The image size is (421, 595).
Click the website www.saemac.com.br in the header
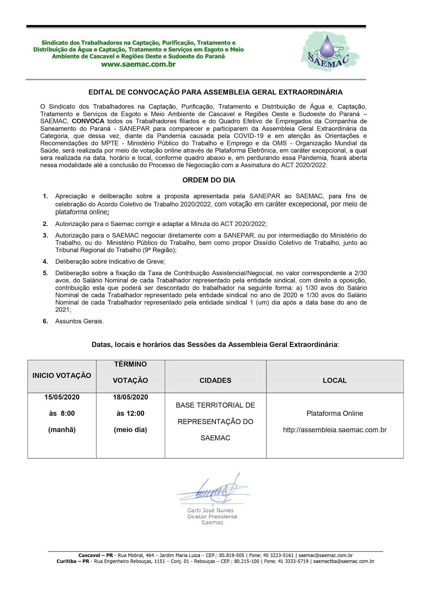click(138, 64)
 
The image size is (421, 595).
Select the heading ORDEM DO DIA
click(208, 180)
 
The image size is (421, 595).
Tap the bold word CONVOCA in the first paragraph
click(88, 121)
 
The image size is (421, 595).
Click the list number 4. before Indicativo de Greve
click(45, 261)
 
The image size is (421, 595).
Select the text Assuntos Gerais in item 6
click(79, 321)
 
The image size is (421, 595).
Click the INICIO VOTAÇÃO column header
click(62, 375)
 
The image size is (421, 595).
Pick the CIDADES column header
click(215, 380)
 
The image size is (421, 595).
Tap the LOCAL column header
click(334, 380)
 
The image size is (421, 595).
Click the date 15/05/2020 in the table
click(62, 397)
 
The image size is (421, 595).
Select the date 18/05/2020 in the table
click(130, 397)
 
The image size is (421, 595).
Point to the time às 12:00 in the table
click(130, 413)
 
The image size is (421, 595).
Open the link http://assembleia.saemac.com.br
click(334, 430)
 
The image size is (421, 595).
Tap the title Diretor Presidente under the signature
click(212, 516)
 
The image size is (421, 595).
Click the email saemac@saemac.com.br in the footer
click(325, 555)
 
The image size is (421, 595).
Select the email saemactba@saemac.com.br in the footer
click(344, 561)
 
